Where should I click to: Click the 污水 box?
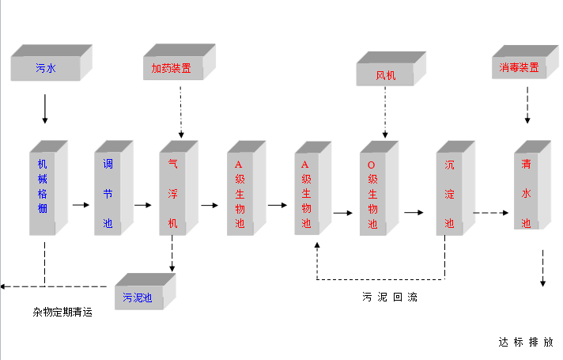46,69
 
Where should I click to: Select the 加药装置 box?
172,68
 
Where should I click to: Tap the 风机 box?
386,76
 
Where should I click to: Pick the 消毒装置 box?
520,68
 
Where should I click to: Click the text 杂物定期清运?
62,313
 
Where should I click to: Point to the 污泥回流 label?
389,297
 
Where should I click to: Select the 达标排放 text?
525,343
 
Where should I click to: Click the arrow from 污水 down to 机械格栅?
44,108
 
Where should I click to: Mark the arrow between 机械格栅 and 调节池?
81,205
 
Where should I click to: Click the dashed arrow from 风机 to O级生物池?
385,111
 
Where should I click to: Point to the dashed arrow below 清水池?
542,269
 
